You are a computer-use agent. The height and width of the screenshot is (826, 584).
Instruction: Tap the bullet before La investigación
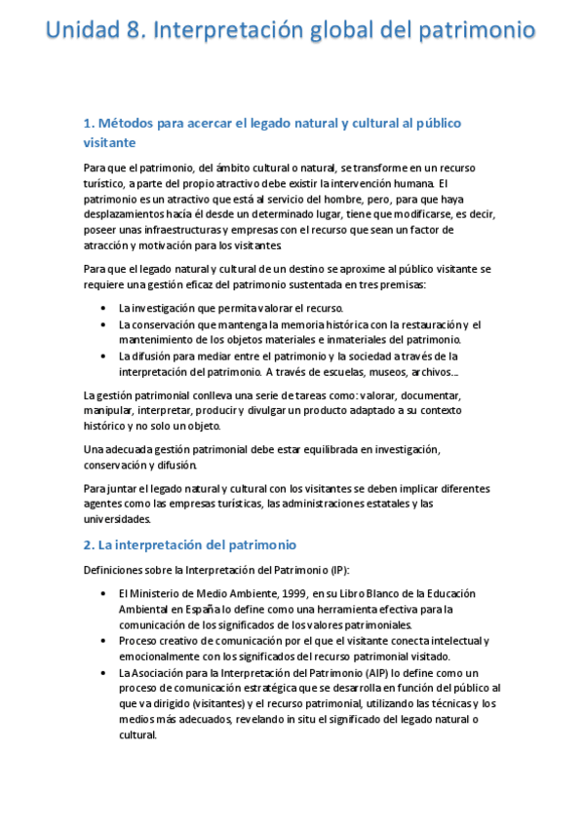(104, 308)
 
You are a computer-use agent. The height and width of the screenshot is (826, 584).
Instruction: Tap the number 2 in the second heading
(88, 544)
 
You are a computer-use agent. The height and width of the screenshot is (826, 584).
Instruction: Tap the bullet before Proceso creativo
(104, 641)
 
